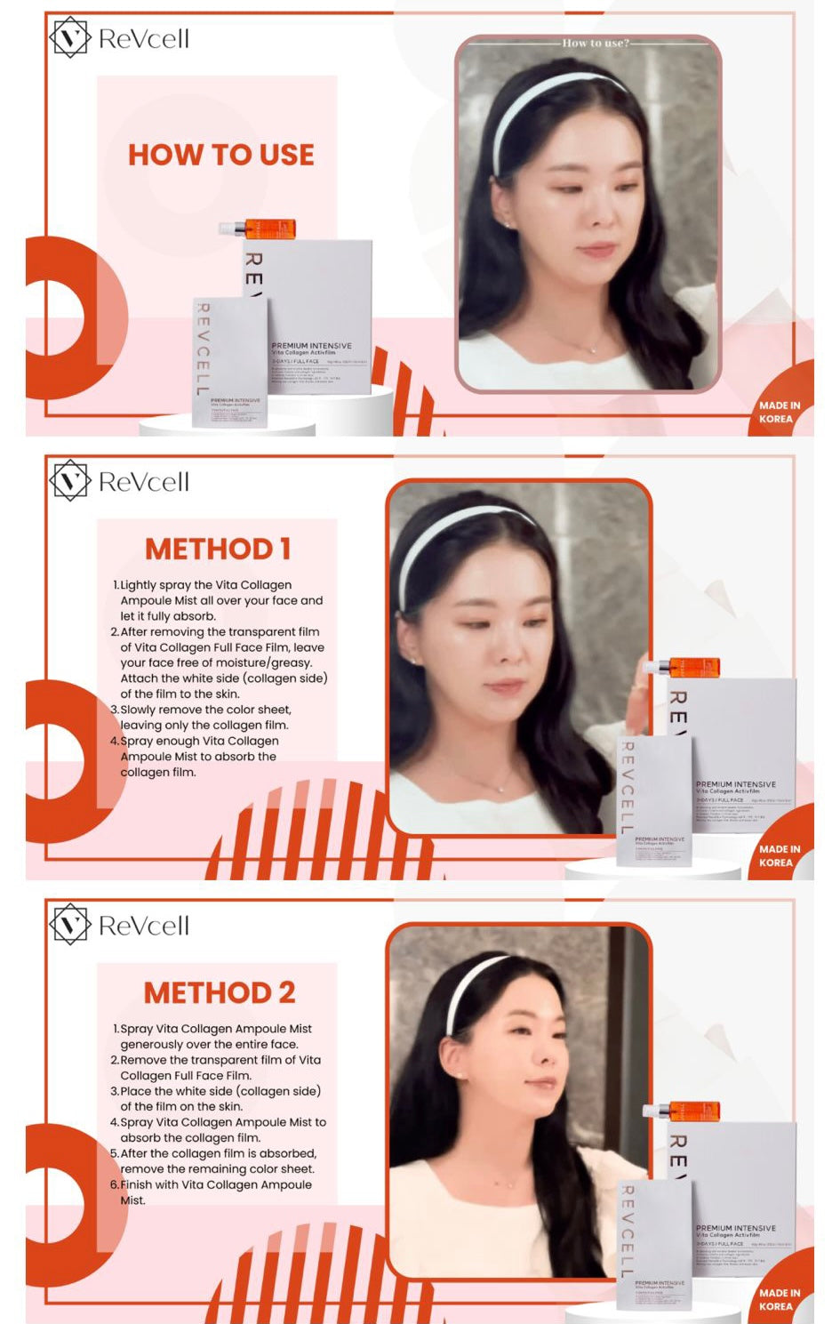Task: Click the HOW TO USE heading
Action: pos(220,155)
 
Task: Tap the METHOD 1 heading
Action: pos(218,550)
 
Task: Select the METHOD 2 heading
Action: pos(220,992)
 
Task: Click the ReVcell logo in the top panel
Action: pos(119,38)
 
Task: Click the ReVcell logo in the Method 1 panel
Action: pos(119,482)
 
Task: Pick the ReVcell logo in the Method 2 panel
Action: pos(119,926)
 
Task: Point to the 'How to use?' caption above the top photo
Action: pos(595,43)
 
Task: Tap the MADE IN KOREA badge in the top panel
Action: pos(779,412)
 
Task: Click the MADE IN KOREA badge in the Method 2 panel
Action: pos(779,1299)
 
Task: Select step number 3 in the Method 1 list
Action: pos(114,710)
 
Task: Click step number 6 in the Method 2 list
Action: pos(114,1184)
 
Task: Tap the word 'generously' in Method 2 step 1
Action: pos(150,1045)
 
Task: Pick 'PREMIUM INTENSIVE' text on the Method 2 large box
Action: pos(735,1228)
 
